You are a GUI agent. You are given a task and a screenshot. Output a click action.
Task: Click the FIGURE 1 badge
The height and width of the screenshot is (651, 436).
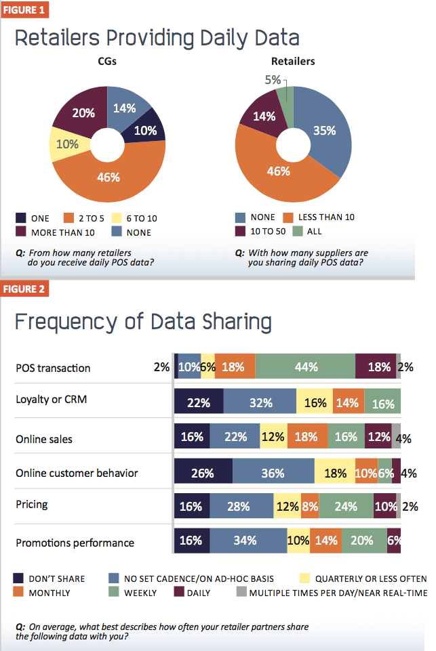coord(25,11)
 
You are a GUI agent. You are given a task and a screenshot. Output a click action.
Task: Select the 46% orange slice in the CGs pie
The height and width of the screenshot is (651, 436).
coord(109,177)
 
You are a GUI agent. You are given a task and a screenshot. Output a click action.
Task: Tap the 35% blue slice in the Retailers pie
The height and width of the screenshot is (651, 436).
coord(324,131)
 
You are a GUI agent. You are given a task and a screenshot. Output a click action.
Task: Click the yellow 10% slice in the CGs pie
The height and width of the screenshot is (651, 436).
coord(67,144)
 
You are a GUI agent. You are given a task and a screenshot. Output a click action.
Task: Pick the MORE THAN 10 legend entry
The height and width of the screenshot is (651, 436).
coord(56,232)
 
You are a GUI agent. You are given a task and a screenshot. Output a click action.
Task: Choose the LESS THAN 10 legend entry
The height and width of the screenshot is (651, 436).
coord(319,217)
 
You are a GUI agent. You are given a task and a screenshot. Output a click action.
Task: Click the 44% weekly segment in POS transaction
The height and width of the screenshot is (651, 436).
coord(306,366)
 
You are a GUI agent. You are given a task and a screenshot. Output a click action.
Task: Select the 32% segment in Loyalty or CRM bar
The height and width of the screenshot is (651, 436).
coord(260,402)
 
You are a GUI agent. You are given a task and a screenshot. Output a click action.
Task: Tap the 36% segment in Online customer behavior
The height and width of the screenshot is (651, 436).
coord(273,473)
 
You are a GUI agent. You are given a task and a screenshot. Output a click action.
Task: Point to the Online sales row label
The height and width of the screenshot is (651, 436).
coord(43,439)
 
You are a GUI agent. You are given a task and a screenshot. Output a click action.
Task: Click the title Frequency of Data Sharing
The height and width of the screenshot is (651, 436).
coord(143,321)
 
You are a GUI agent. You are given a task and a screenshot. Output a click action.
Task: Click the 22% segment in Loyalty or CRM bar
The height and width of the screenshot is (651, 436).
coord(199,402)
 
